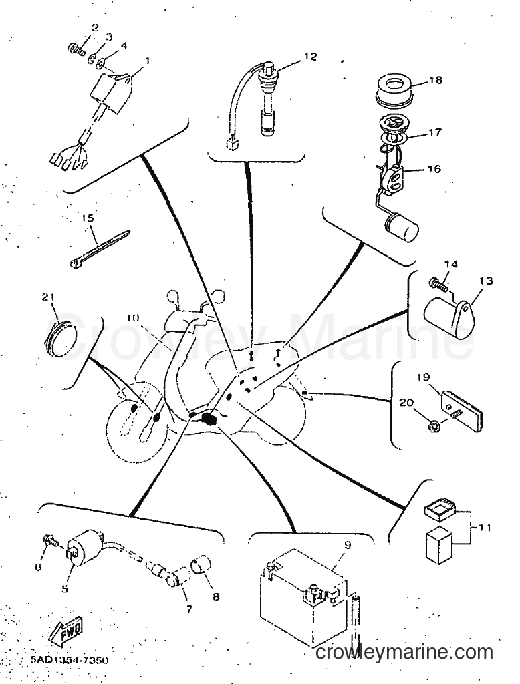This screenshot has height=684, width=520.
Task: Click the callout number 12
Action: [310, 57]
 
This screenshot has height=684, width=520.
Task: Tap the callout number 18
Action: [435, 80]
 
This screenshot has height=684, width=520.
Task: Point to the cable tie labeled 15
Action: [100, 248]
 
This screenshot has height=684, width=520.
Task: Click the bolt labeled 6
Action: [51, 541]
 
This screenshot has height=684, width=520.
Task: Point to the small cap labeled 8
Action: [201, 565]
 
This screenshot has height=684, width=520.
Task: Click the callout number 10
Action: [134, 318]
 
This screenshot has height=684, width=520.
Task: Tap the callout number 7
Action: [189, 609]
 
